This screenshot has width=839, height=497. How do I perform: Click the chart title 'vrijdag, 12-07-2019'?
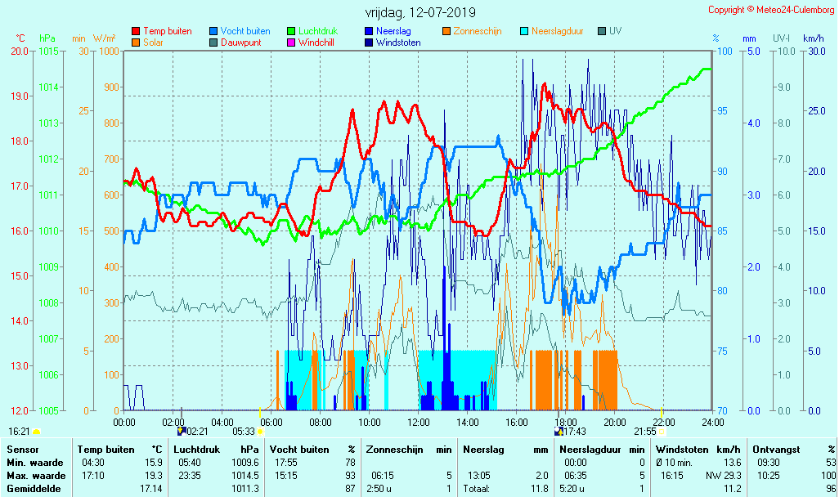(x=419, y=13)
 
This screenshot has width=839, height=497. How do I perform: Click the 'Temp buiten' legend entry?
(x=167, y=31)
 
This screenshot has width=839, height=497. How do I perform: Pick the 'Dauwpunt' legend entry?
(x=240, y=43)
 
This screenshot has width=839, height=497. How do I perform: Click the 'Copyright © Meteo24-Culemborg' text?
(x=771, y=10)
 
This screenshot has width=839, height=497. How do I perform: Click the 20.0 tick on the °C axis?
(x=20, y=51)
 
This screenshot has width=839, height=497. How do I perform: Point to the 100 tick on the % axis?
(x=724, y=51)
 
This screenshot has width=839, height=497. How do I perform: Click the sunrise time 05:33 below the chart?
(x=244, y=431)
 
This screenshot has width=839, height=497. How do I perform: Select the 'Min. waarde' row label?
(x=34, y=463)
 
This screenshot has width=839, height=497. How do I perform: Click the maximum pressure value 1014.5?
(x=245, y=475)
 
